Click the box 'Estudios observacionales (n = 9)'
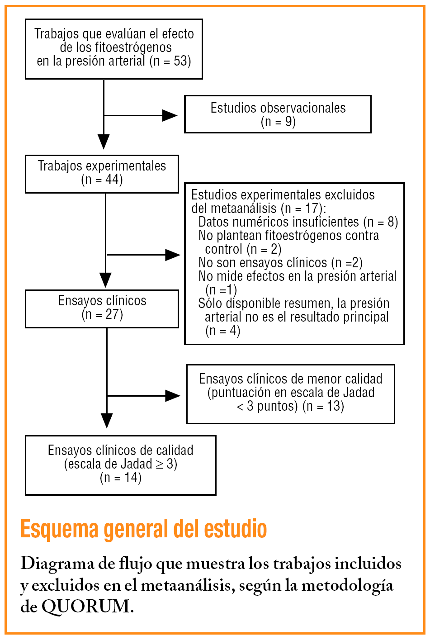tap(278, 114)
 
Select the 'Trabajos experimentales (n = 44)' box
tap(102, 174)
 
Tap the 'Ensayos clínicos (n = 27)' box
tap(102, 308)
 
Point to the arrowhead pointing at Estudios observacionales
tap(170, 115)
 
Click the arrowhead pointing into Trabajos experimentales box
tap(104, 142)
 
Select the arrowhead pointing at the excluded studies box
tap(173, 255)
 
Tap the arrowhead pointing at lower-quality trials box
tap(173, 396)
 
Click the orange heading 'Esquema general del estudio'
tap(144, 529)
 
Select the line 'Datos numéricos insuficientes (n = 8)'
tap(298, 222)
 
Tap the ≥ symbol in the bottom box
tap(160, 464)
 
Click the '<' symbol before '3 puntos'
tap(240, 406)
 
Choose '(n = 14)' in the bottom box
tap(121, 478)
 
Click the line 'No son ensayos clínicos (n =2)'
tap(280, 263)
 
